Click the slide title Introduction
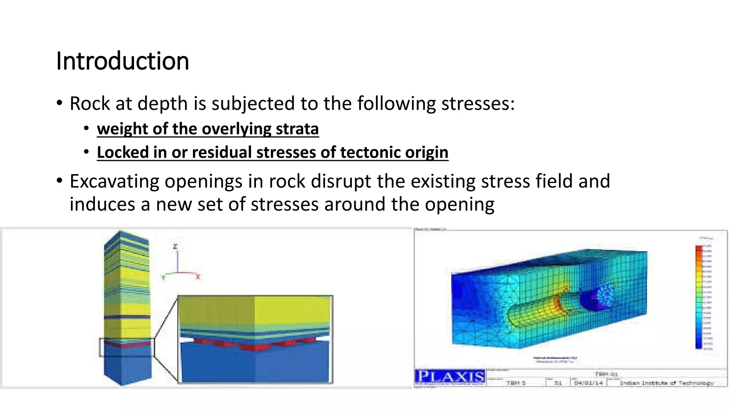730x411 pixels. click(122, 61)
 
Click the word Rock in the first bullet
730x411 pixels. click(90, 104)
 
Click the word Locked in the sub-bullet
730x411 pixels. click(123, 153)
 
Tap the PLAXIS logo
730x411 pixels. click(450, 377)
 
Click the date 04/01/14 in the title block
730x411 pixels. click(588, 383)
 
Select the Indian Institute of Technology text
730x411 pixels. click(667, 383)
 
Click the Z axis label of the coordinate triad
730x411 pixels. click(175, 247)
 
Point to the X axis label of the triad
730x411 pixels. click(198, 277)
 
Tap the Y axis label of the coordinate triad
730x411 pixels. click(163, 278)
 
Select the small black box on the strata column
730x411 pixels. click(127, 347)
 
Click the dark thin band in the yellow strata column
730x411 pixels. click(127, 317)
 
